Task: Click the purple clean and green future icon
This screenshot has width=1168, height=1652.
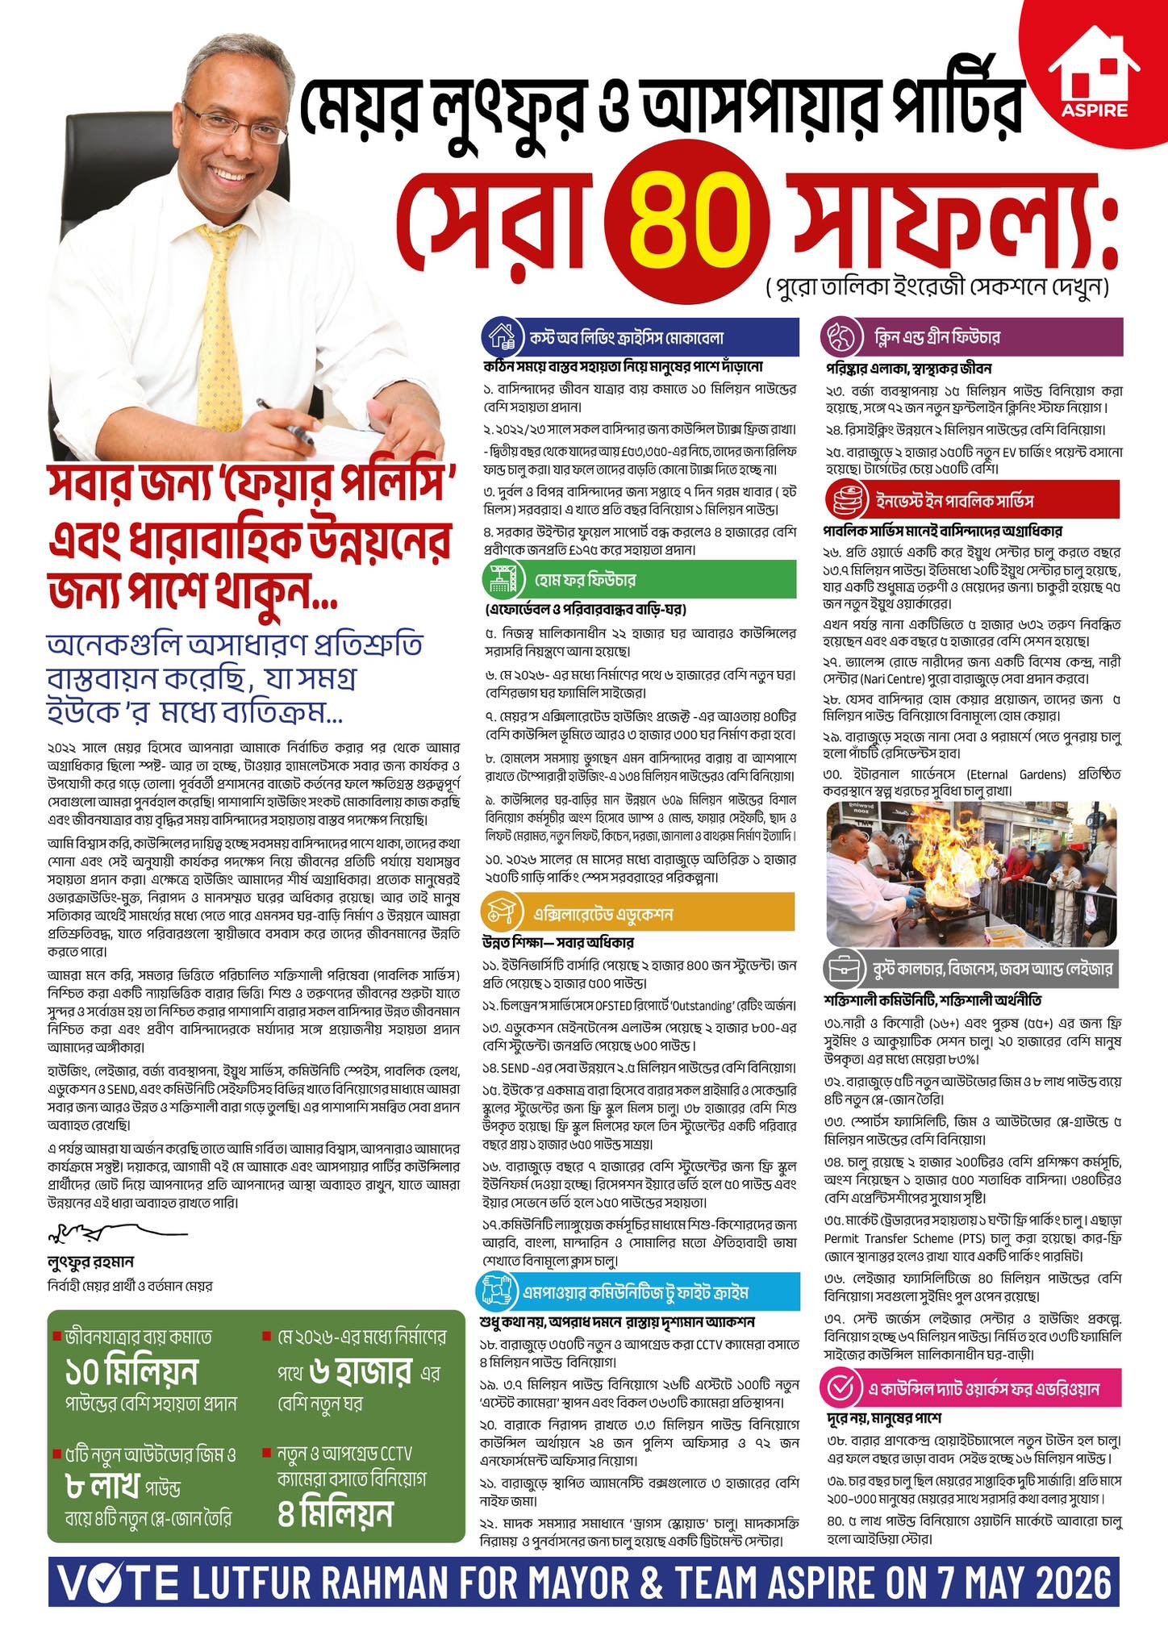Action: (840, 335)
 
